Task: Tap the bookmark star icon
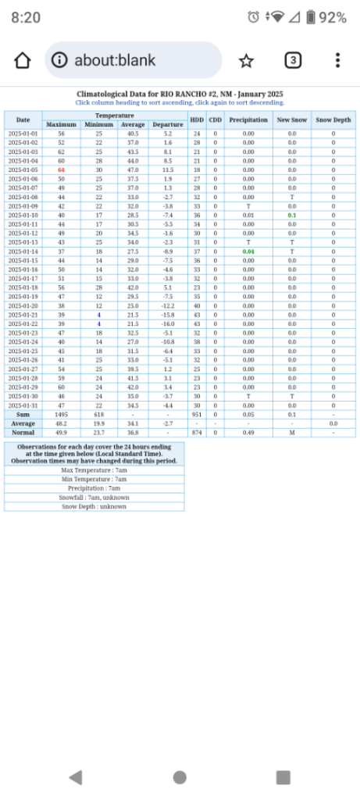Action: (246, 61)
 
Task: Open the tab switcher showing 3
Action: (293, 61)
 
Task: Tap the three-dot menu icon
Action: (337, 61)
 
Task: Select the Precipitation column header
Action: (248, 120)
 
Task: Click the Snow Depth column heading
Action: (333, 120)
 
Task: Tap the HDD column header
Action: (197, 120)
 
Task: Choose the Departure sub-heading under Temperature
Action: (168, 124)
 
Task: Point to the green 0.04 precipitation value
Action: (248, 252)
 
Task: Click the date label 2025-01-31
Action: (23, 405)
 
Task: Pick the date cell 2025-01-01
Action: (23, 134)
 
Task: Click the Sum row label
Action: (23, 414)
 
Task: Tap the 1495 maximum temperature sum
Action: (61, 414)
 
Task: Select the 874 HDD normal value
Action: (197, 432)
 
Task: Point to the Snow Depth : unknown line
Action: (94, 506)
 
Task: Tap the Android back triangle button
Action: (75, 777)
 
